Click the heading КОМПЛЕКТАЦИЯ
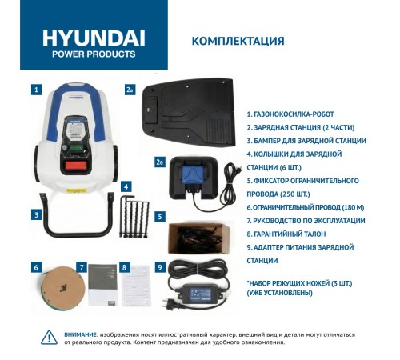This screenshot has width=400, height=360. click(238, 41)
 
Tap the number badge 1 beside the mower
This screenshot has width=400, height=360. click(36, 90)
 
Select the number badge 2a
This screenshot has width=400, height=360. click(130, 90)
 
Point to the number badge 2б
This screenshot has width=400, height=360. click(160, 162)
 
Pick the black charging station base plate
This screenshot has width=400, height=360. click(189, 111)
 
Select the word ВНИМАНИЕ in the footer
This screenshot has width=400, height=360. click(82, 334)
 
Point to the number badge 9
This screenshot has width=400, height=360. click(160, 267)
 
